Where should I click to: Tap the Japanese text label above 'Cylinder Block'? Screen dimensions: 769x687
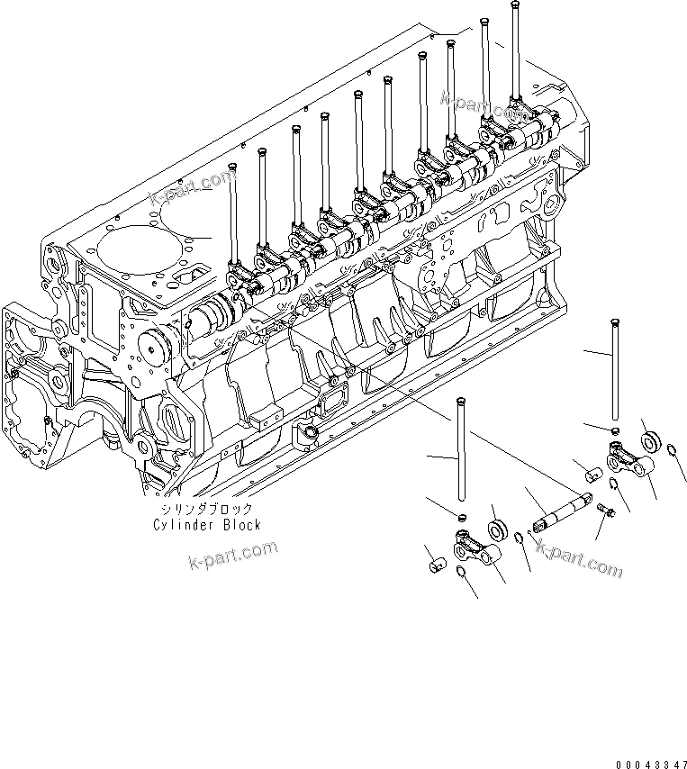206,509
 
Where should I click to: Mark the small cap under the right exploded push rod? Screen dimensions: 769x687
614,431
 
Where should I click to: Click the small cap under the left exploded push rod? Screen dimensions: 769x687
459,517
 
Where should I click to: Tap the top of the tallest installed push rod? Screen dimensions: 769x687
514,8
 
